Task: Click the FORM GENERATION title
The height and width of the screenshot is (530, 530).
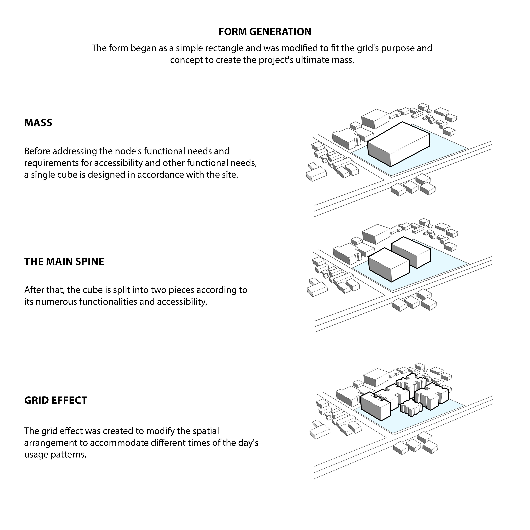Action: [x=265, y=32]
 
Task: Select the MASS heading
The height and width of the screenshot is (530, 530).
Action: [x=38, y=123]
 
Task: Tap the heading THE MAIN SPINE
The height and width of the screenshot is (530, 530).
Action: [x=64, y=262]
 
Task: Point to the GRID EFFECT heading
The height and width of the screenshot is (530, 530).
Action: [x=56, y=400]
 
